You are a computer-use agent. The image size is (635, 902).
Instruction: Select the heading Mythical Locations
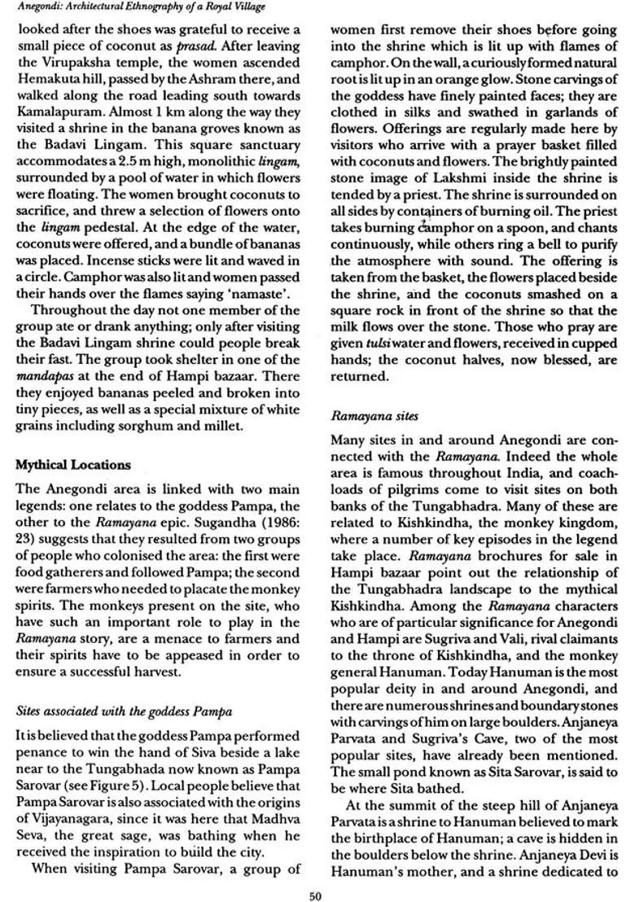pyautogui.click(x=72, y=465)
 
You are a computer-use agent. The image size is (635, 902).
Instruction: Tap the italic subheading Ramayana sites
pyautogui.click(x=374, y=416)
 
